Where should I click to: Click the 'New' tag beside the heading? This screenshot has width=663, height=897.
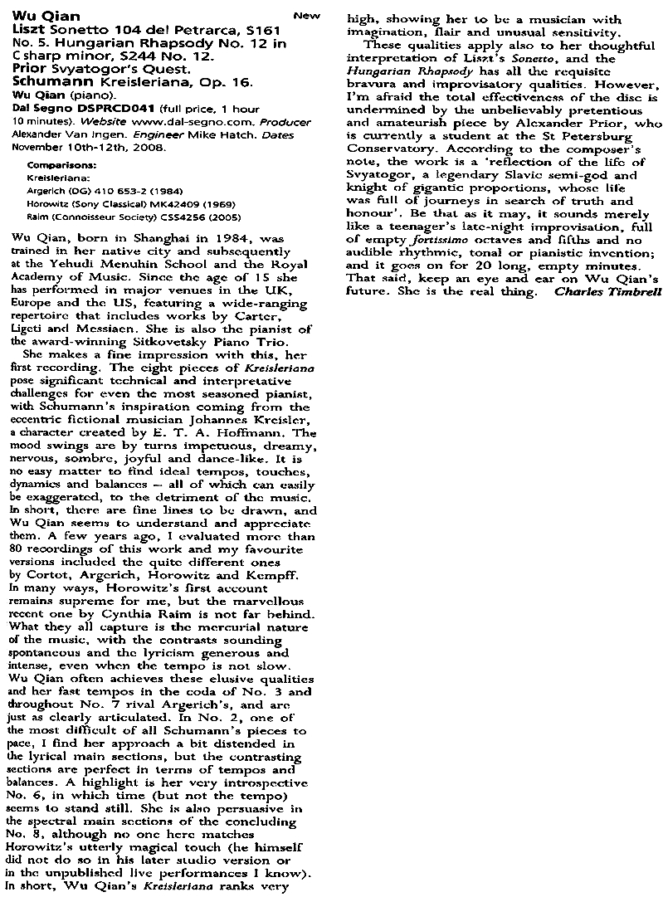click(x=306, y=15)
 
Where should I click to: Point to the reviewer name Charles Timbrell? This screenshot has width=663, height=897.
click(x=608, y=291)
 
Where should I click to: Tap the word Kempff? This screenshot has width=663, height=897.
click(x=260, y=575)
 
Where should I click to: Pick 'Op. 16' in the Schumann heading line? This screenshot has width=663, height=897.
click(x=196, y=84)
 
